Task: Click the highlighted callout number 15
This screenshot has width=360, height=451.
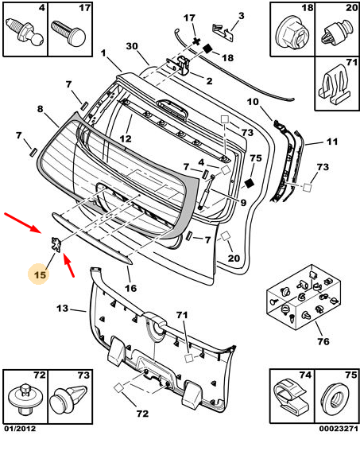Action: point(40,274)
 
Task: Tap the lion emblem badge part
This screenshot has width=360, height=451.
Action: point(56,244)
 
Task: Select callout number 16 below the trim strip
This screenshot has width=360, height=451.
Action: point(130,288)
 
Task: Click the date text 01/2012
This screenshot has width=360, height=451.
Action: point(20,429)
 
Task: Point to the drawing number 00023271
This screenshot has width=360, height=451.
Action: point(339,429)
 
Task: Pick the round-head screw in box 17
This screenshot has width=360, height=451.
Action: point(69,33)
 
